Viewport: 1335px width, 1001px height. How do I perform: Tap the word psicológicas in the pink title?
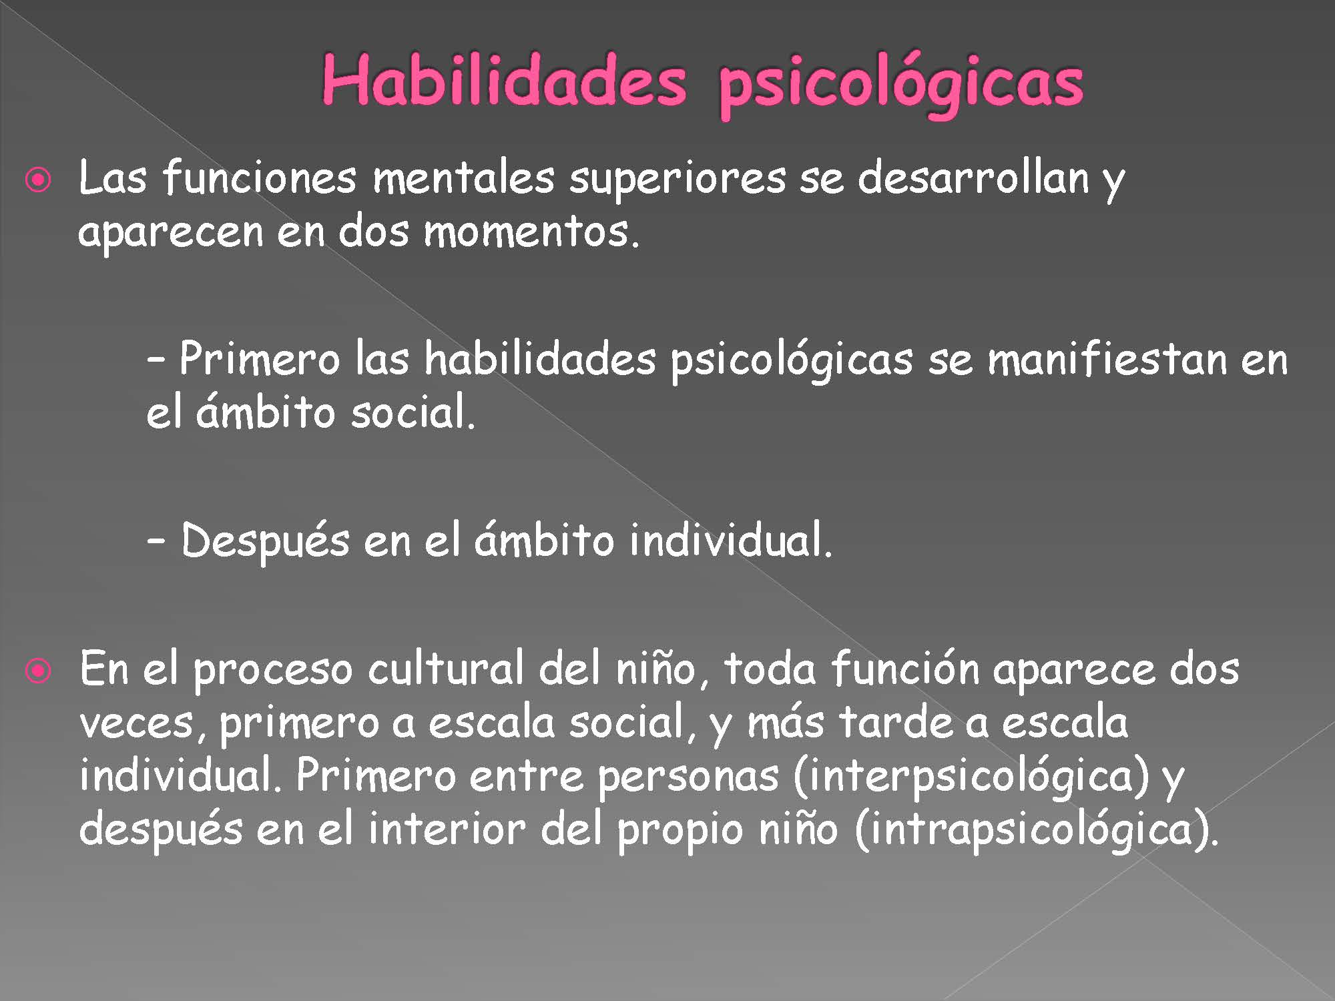pyautogui.click(x=901, y=85)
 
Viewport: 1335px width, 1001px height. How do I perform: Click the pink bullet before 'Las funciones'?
pyautogui.click(x=38, y=180)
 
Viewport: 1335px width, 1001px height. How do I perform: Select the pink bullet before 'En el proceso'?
pyautogui.click(x=38, y=671)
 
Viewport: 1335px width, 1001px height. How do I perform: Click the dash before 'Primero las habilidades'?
pyautogui.click(x=156, y=361)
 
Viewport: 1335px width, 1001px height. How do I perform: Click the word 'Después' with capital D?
pyautogui.click(x=265, y=541)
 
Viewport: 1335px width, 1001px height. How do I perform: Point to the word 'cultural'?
pyautogui.click(x=445, y=668)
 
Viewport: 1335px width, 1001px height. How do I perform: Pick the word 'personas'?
pyautogui.click(x=688, y=778)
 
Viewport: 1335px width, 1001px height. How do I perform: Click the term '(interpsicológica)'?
pyautogui.click(x=972, y=778)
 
